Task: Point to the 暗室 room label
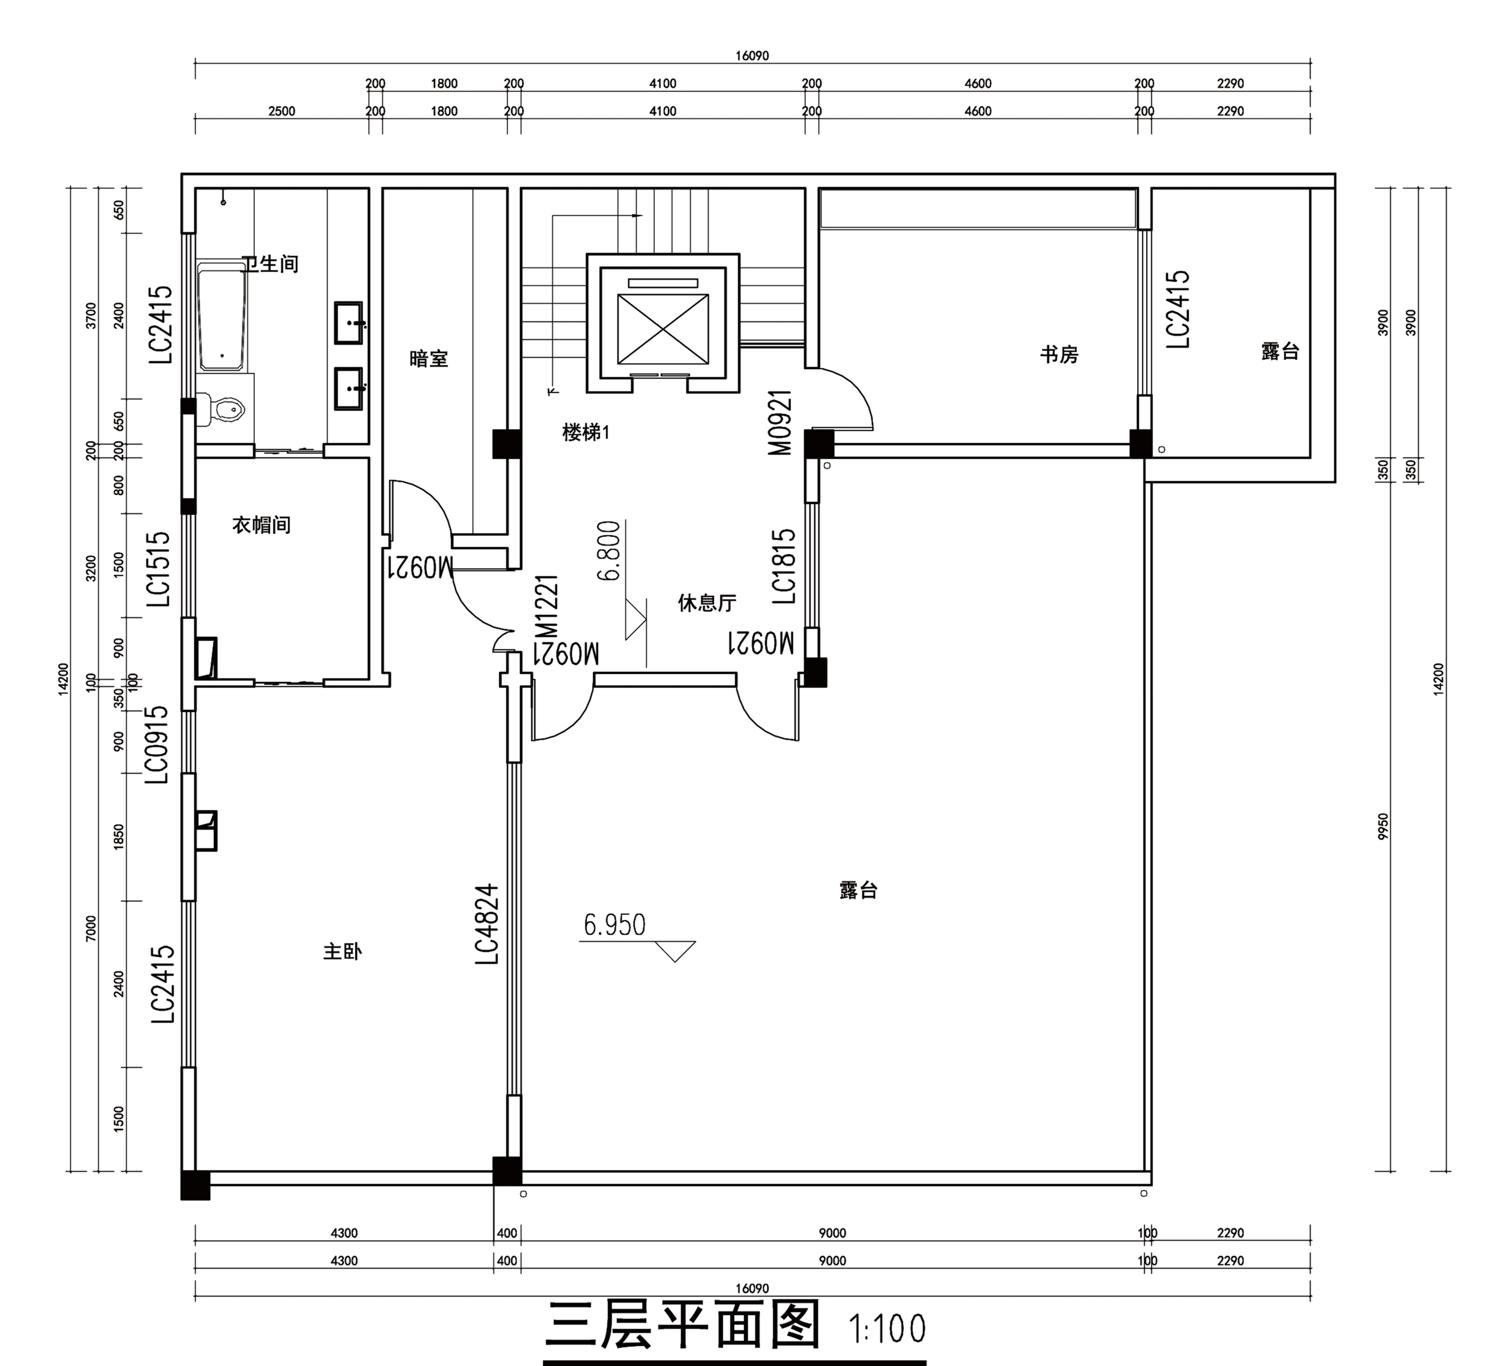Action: [429, 359]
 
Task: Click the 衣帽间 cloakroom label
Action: [261, 525]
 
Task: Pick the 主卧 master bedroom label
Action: [342, 951]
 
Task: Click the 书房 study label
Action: [1059, 355]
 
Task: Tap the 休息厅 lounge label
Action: [707, 602]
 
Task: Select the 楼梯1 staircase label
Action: [585, 432]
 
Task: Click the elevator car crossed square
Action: [663, 329]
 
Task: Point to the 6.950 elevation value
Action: [615, 925]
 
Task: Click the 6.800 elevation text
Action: [609, 551]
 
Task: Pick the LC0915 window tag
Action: [158, 744]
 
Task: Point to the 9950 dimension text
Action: [1382, 827]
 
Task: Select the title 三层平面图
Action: [683, 1325]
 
